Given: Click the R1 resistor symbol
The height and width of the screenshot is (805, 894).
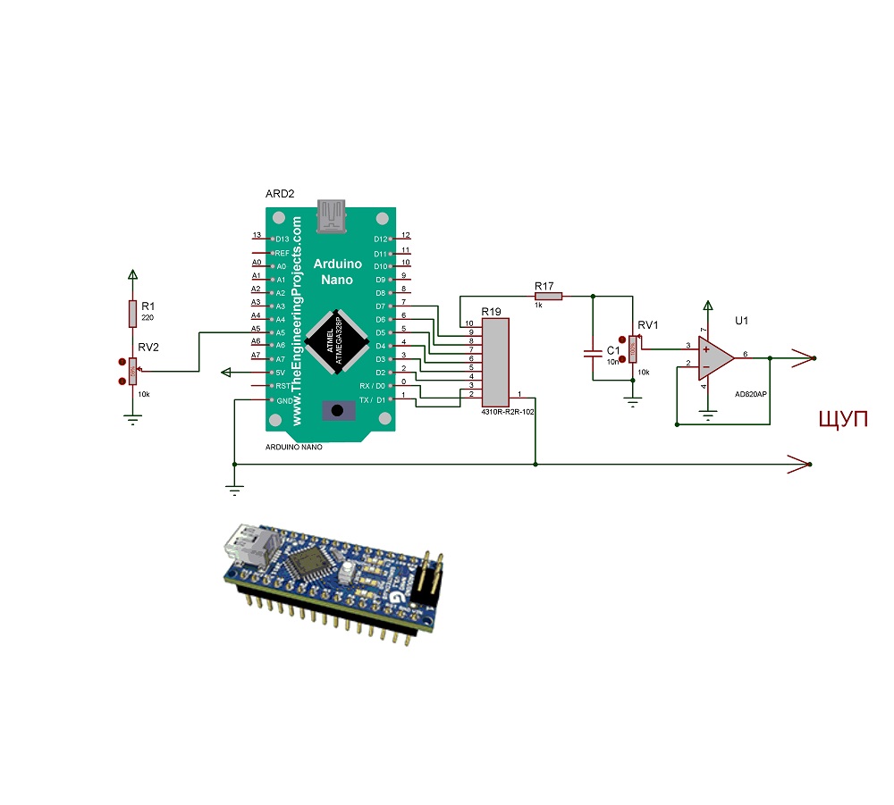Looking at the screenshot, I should pos(132,314).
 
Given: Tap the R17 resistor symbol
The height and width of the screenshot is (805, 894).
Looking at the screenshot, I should pos(548,296).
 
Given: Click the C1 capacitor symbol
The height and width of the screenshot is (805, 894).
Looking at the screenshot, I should pos(592,353).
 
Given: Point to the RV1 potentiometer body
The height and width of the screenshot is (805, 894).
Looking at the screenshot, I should pos(633,349).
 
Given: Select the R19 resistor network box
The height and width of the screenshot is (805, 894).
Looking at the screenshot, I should pos(494,361).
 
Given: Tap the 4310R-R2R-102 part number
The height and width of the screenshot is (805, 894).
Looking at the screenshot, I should pos(506,413).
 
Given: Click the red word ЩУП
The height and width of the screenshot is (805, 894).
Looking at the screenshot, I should pos(844,419).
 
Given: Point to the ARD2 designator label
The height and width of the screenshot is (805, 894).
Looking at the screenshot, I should pos(280,194).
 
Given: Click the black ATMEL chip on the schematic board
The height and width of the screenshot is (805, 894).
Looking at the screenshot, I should pos(338,342).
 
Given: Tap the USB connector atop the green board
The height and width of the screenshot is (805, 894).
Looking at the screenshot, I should pos(333,217).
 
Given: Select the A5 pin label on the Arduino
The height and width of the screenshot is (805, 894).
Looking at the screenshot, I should pos(280,332).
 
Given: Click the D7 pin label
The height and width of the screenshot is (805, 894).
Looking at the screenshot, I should pos(380,306).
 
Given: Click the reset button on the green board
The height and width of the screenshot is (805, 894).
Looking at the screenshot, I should pos(338,411).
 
